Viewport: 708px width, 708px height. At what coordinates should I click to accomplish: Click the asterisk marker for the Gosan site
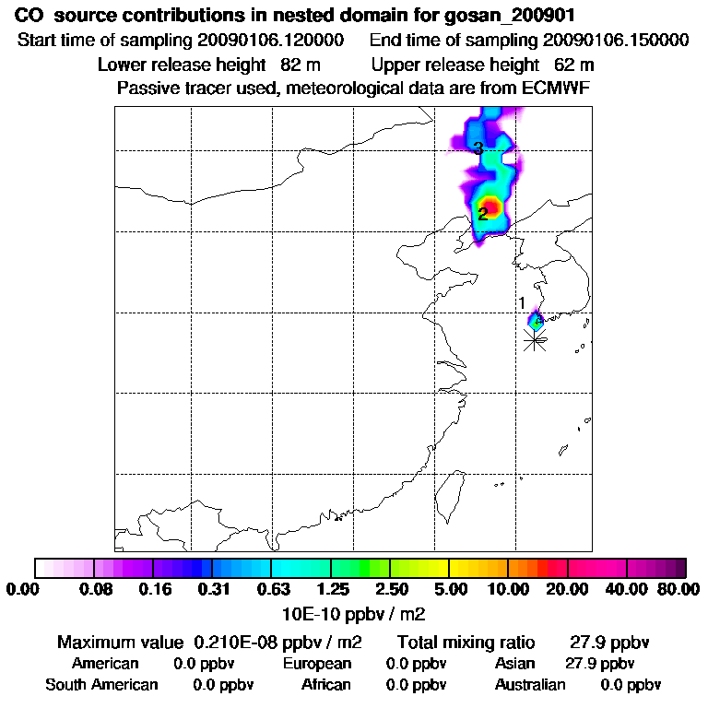[x=535, y=340]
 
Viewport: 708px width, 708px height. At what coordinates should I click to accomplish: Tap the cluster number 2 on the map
[x=482, y=215]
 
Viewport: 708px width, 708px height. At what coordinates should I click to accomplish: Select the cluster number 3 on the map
[x=478, y=148]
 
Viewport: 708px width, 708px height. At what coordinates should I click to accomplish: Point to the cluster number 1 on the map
[x=522, y=302]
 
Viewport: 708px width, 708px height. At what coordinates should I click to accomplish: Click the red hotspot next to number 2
[x=492, y=206]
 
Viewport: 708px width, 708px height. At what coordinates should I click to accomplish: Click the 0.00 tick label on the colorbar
[x=22, y=589]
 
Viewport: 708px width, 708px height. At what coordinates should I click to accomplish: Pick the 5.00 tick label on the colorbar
[x=450, y=589]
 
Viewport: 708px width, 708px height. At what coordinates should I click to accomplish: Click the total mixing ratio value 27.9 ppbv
[x=603, y=642]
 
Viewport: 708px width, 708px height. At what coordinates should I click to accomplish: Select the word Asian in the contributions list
[x=515, y=664]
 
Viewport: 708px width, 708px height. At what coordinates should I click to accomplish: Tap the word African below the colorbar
[x=326, y=685]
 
